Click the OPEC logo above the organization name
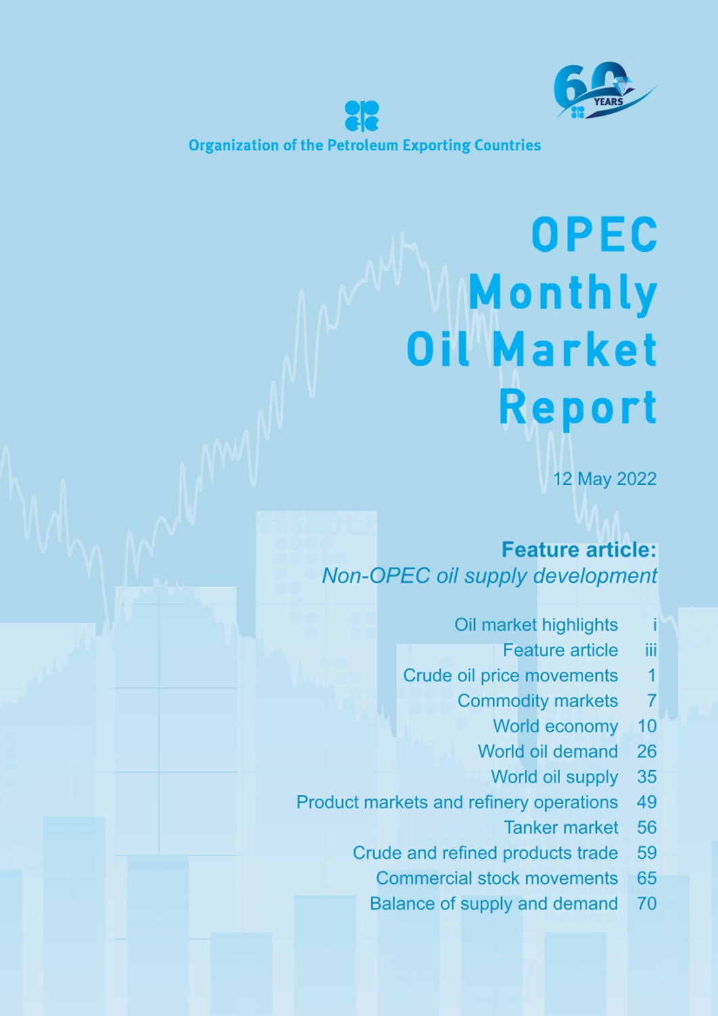362,116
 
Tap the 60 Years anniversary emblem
605,90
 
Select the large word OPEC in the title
595,234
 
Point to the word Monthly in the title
563,294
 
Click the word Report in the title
578,408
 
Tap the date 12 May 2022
605,479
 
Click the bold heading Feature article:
579,550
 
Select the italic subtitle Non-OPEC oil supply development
490,576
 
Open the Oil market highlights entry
536,625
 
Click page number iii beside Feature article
651,650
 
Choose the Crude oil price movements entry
510,676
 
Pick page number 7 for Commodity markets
652,701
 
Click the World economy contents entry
555,726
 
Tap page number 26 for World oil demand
647,752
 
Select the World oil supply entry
554,777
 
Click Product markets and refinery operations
457,803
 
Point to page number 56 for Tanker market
647,828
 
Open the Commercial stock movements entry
497,879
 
